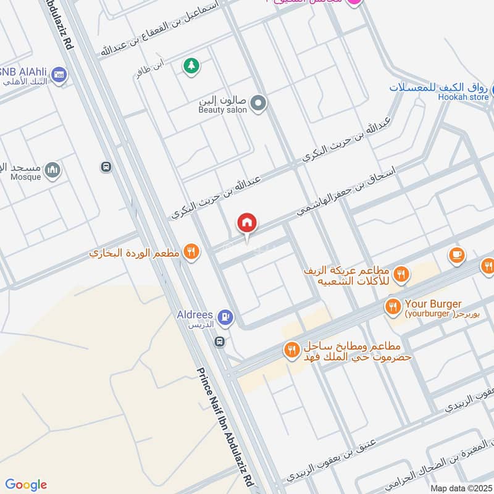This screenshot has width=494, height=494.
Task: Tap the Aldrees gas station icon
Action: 226,317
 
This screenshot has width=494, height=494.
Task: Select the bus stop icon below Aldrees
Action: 219,341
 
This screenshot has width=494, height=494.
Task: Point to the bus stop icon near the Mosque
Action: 106,167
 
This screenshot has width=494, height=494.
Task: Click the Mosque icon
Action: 52,169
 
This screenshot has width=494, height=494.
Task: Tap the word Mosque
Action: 26,177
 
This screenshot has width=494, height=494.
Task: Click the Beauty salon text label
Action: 222,110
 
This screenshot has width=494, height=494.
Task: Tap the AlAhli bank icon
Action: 60,74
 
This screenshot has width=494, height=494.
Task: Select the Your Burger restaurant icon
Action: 392,306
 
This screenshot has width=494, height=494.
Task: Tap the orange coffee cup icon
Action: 456,254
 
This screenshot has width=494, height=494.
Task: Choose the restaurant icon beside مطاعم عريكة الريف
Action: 401,274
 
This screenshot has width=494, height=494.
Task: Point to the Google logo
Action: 26,485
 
